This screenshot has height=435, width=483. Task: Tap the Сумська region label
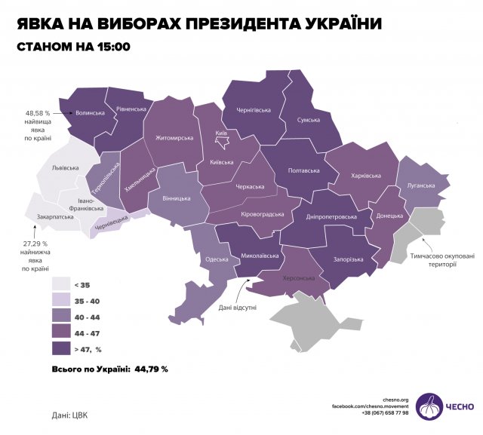coord(308,120)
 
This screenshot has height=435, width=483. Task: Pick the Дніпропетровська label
coord(331,217)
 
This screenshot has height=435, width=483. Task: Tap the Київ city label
coord(222,133)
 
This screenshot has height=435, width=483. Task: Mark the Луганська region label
coord(420,185)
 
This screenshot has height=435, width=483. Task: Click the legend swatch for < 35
coord(61,284)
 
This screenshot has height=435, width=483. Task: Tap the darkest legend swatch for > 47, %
coord(61,348)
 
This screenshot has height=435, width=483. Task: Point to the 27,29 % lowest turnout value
coord(35,244)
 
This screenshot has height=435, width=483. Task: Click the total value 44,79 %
coord(150,369)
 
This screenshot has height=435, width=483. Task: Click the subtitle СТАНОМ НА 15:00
coord(74,47)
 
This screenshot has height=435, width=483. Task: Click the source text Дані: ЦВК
coord(70,414)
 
